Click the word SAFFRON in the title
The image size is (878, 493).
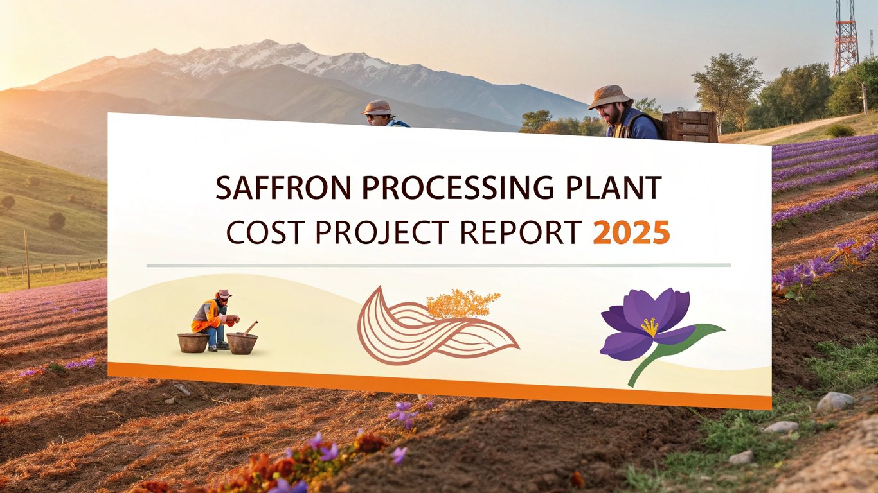pyautogui.click(x=283, y=187)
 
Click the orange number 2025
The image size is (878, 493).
pyautogui.click(x=631, y=232)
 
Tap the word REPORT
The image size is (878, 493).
pyautogui.click(x=521, y=232)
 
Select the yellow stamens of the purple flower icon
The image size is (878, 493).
pyautogui.click(x=650, y=327)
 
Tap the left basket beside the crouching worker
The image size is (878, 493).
pyautogui.click(x=193, y=343)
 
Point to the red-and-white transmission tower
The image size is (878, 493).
pyautogui.click(x=845, y=37)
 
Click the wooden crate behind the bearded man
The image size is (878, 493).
pyautogui.click(x=690, y=126)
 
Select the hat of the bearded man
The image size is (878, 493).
pyautogui.click(x=610, y=96)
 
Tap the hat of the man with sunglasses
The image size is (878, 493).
pyautogui.click(x=377, y=107)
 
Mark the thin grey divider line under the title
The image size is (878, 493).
pyautogui.click(x=438, y=266)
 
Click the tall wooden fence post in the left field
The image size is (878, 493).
pyautogui.click(x=26, y=259)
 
